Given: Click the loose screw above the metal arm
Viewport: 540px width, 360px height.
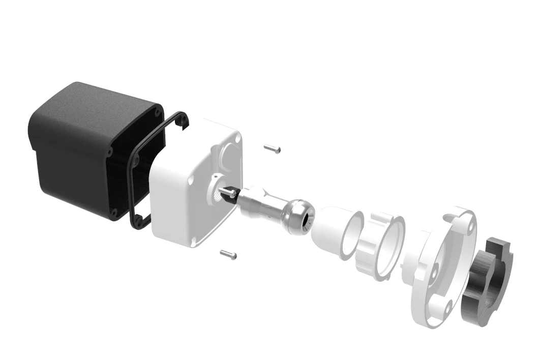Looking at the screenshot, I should point(273,148).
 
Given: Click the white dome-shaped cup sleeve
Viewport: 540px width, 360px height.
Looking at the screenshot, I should point(331,231).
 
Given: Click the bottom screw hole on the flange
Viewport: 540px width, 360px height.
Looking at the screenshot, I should point(447,308).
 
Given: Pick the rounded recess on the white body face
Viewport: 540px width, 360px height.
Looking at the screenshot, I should point(228,153).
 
